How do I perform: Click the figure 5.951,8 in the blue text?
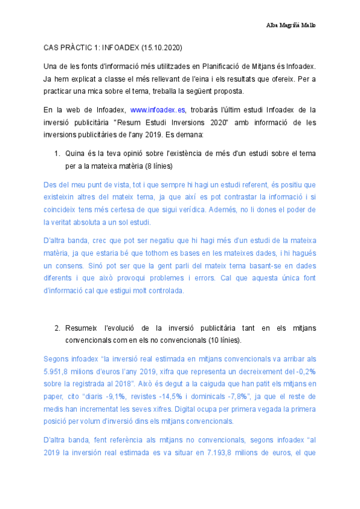pyautogui.click(x=56, y=371)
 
